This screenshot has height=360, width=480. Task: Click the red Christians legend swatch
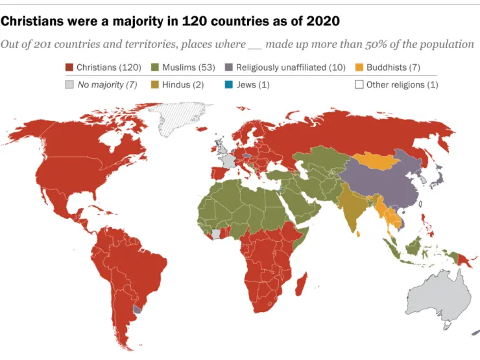[69, 67]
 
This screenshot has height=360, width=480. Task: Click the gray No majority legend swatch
[69, 84]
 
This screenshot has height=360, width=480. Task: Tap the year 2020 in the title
[321, 21]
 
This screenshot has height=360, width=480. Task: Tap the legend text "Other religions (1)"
[402, 84]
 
